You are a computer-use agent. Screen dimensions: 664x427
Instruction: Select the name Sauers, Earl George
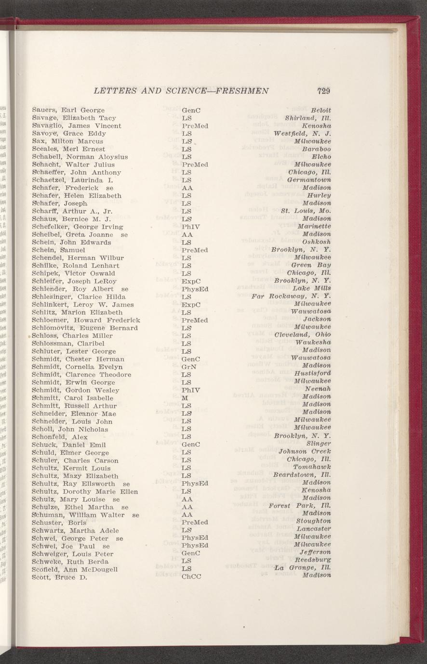pyautogui.click(x=68, y=110)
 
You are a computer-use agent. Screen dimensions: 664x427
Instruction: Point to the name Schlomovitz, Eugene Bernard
pyautogui.click(x=85, y=328)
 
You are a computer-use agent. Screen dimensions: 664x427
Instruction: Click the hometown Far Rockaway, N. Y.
pyautogui.click(x=292, y=297)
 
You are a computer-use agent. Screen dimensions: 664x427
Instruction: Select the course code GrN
pyautogui.click(x=188, y=367)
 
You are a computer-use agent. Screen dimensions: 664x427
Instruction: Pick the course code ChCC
pyautogui.click(x=191, y=576)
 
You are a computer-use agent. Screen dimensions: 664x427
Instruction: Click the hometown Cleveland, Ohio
pyautogui.click(x=303, y=335)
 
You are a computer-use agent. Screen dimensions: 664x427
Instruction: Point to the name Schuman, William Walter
pyautogui.click(x=80, y=514)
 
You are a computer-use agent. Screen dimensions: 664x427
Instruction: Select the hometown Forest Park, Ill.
pyautogui.click(x=300, y=506)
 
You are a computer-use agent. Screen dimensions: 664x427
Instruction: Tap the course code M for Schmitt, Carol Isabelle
pyautogui.click(x=185, y=398)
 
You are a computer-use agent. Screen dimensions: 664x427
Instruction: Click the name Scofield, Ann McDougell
pyautogui.click(x=75, y=569)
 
